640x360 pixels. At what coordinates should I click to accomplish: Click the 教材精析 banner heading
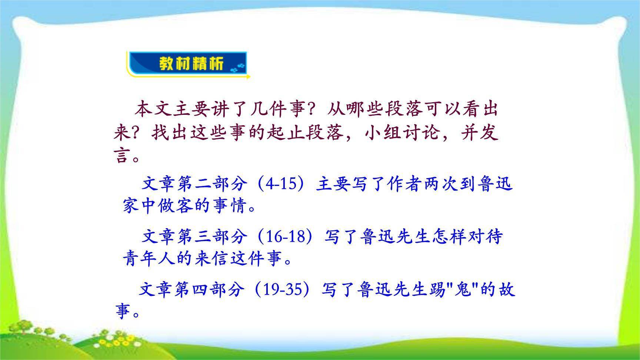[x=191, y=64]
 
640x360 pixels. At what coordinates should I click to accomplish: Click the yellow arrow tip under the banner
[x=249, y=77]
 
